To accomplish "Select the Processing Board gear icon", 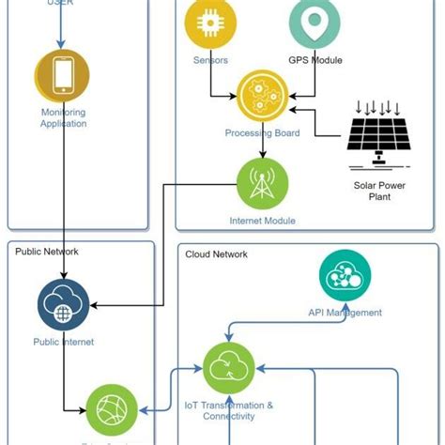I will [263, 96].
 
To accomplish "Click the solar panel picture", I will [380, 128].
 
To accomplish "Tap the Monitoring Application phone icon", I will [63, 75].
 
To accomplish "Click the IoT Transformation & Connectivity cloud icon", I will [230, 368].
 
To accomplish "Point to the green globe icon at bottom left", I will [113, 410].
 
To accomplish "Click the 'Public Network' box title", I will [47, 252].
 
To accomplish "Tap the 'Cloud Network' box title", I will [217, 253].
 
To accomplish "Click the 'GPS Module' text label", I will [315, 60].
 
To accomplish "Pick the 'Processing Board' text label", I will [263, 133].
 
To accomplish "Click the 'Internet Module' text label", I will [263, 222].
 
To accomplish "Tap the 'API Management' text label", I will [345, 313].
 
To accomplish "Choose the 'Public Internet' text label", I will [64, 343].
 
